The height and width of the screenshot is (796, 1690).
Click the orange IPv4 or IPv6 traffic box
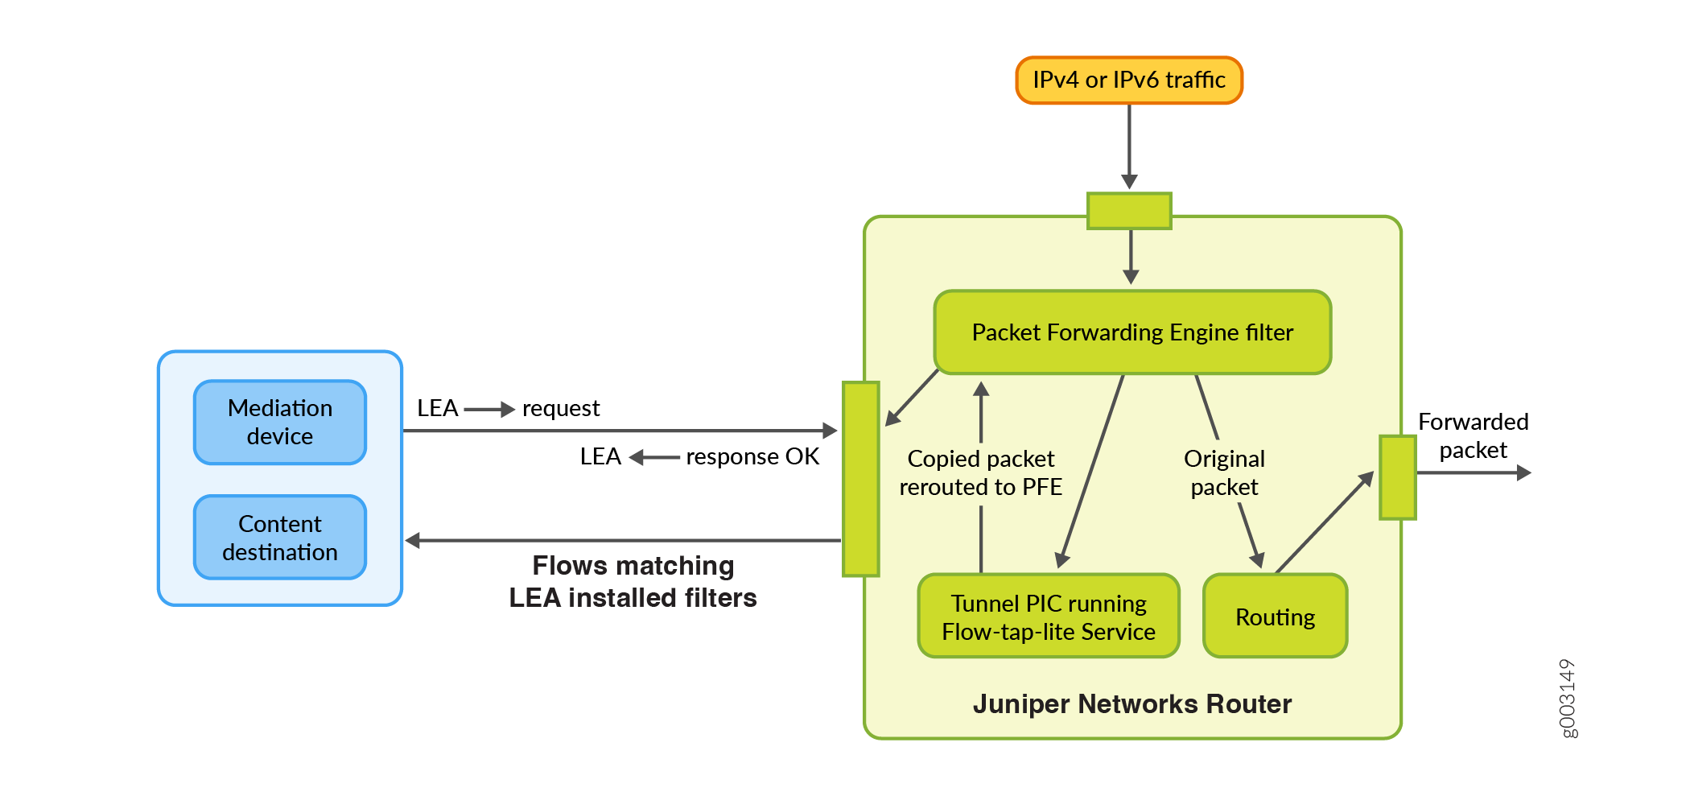tap(1128, 80)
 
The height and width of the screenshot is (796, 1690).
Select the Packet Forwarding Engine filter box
tap(1132, 332)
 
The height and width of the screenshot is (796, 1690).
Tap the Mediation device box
tap(280, 423)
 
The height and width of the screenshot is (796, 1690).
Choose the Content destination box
tap(280, 538)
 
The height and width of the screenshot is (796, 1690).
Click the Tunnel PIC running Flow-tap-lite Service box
tap(1049, 617)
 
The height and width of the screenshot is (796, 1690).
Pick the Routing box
tap(1275, 617)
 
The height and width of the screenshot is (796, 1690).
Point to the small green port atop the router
tap(1129, 211)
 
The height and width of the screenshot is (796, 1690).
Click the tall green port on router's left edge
tap(860, 479)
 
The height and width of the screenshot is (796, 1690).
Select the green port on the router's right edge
tap(1397, 477)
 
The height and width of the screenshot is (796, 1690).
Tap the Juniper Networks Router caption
tap(1131, 704)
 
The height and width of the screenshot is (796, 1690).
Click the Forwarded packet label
tap(1473, 435)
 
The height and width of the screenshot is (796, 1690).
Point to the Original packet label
tap(1224, 472)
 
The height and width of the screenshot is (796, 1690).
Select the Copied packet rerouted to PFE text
tap(980, 472)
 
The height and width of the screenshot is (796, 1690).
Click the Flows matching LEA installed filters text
tap(633, 582)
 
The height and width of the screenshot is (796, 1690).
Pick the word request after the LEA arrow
tap(561, 409)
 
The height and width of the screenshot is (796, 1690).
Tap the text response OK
tap(752, 457)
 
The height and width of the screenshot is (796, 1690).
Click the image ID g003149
tap(1568, 698)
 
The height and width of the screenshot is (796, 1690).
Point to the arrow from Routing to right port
tap(1324, 523)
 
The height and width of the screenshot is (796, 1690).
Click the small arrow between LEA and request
tap(489, 410)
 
